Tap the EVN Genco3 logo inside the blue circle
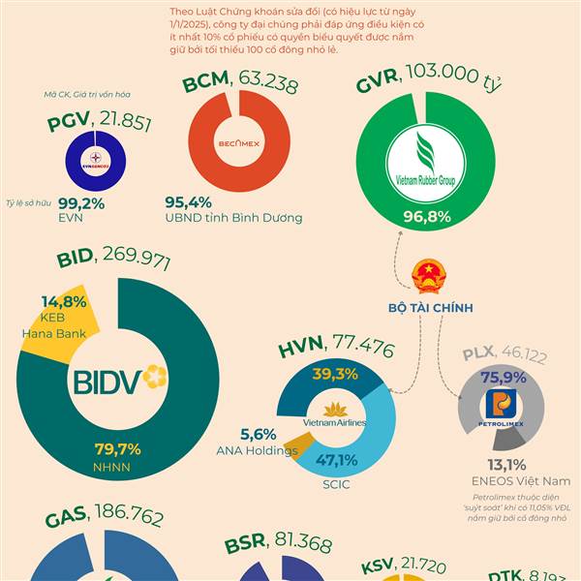[96, 161]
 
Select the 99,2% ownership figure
[80, 204]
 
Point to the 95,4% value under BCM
[188, 202]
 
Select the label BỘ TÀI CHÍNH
[430, 308]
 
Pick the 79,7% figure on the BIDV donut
[117, 449]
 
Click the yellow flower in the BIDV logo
[154, 375]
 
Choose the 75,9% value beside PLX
[504, 378]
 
